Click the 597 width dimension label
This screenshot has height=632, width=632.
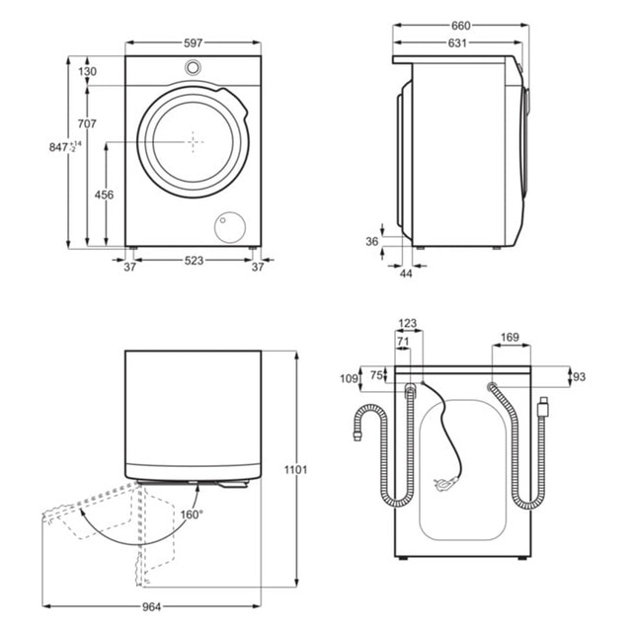(194, 43)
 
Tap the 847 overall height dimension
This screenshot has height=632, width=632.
(65, 147)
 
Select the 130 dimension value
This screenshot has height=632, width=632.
(88, 71)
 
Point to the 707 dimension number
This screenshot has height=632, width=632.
(87, 123)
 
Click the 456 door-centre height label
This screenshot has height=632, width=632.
(104, 195)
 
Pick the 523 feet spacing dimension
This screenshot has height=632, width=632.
(194, 261)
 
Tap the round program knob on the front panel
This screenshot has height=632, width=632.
(193, 68)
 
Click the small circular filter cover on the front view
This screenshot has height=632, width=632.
(230, 227)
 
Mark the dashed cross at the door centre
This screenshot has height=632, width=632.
(194, 142)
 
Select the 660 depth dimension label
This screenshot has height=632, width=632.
(461, 26)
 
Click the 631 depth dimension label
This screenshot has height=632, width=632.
(457, 43)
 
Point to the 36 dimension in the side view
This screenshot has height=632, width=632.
(372, 241)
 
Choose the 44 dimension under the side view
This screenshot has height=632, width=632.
(406, 274)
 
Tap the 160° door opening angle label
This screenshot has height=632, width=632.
(192, 514)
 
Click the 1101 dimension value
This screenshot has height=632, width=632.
(295, 470)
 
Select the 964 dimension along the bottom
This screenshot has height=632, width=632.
(151, 607)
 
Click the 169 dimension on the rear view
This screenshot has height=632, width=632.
(510, 338)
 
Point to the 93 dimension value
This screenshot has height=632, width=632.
(579, 377)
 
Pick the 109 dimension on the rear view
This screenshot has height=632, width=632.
(349, 378)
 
